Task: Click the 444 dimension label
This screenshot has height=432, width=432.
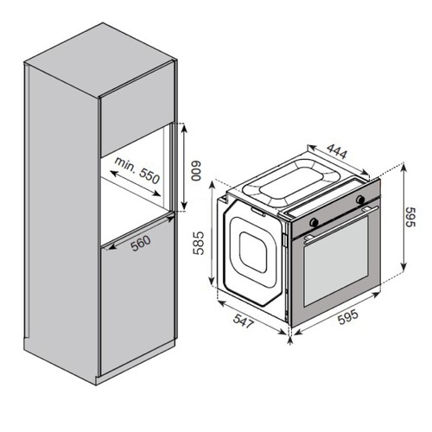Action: (x=337, y=151)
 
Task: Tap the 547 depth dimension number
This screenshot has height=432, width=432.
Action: (x=244, y=321)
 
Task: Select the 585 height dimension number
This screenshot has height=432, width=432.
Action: (x=199, y=244)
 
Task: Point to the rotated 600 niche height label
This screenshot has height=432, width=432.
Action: (x=196, y=171)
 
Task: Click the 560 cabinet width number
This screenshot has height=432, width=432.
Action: (x=141, y=243)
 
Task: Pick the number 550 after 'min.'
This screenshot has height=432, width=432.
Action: (x=149, y=175)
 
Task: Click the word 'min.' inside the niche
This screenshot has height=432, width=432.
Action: (x=125, y=165)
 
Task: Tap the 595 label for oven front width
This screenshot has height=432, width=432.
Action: (x=348, y=317)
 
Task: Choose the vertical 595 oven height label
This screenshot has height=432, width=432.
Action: (x=410, y=217)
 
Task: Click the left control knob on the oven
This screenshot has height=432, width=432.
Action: (x=314, y=222)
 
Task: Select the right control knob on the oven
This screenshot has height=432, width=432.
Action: (x=360, y=199)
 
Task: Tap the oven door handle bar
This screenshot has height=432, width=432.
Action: (x=341, y=222)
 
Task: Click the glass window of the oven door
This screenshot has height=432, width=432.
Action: (x=336, y=261)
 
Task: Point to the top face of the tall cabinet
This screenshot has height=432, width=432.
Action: (x=100, y=60)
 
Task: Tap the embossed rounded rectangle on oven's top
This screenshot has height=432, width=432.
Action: (x=291, y=183)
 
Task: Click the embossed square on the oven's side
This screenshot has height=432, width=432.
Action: (x=253, y=252)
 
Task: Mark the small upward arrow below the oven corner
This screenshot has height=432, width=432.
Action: (x=290, y=340)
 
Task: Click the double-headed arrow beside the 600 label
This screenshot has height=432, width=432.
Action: (x=184, y=166)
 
